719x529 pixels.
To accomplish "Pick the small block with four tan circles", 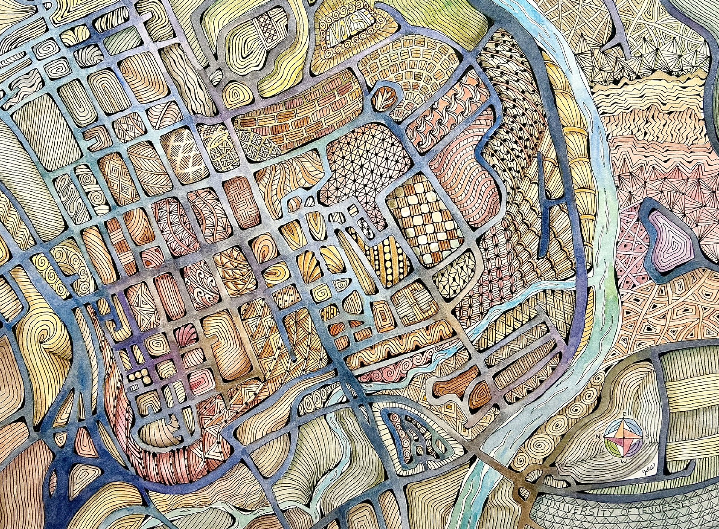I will click(x=139, y=375).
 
